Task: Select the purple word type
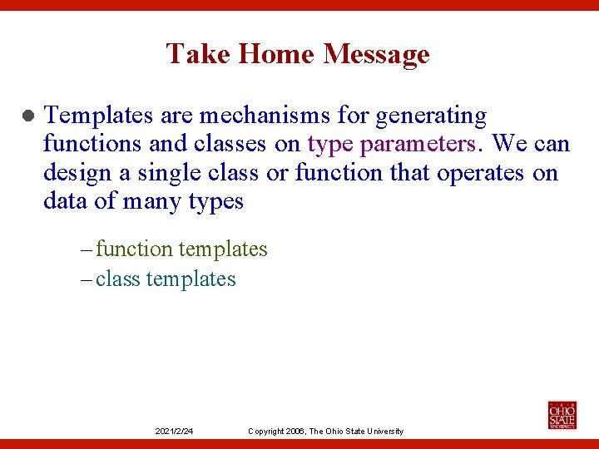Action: [x=330, y=145]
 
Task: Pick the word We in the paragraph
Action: [x=509, y=144]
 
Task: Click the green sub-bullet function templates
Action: [x=181, y=249]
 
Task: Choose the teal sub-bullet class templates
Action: [x=166, y=279]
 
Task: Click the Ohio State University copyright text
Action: [x=325, y=431]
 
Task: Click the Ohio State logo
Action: [x=562, y=415]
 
